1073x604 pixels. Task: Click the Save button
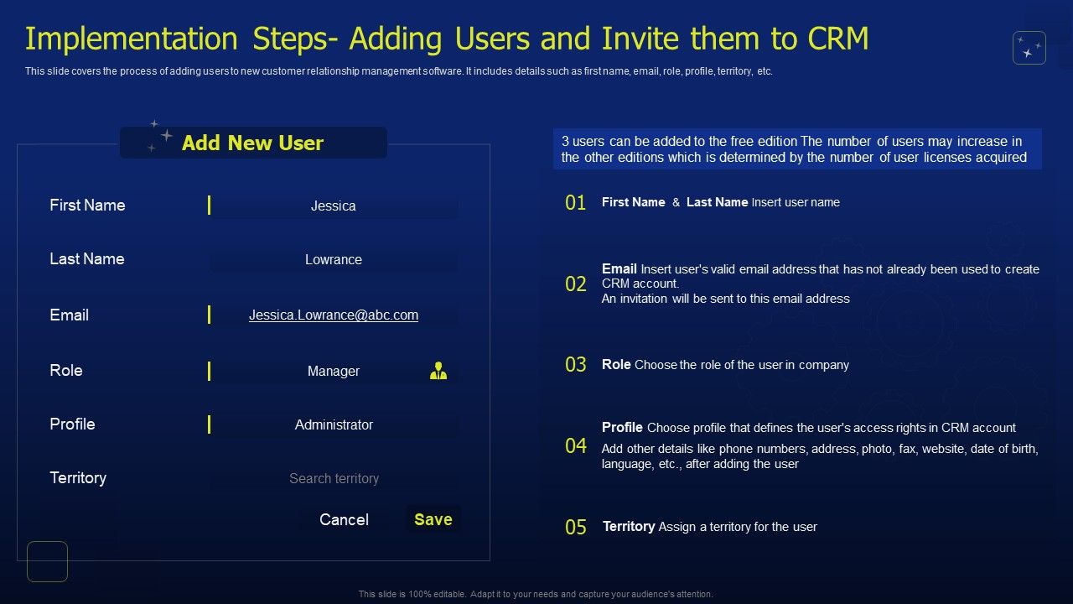pyautogui.click(x=433, y=519)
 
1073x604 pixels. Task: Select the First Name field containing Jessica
pyautogui.click(x=334, y=206)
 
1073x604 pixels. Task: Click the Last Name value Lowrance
pyautogui.click(x=334, y=259)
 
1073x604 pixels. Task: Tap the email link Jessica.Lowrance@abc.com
pyautogui.click(x=334, y=315)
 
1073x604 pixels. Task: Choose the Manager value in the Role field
pyautogui.click(x=334, y=371)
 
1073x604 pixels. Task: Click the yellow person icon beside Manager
pyautogui.click(x=438, y=371)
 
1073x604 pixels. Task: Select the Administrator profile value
pyautogui.click(x=334, y=424)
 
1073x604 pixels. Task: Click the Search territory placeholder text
pyautogui.click(x=334, y=478)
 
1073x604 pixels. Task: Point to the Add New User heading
pyautogui.click(x=252, y=143)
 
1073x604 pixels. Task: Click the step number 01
pyautogui.click(x=576, y=203)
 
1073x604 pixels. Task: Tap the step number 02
pyautogui.click(x=576, y=284)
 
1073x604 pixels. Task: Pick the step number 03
pyautogui.click(x=576, y=365)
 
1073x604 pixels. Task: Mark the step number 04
pyautogui.click(x=576, y=446)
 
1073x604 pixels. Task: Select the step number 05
pyautogui.click(x=576, y=528)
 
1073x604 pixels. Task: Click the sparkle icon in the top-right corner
pyautogui.click(x=1029, y=48)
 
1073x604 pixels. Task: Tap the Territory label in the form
pyautogui.click(x=78, y=478)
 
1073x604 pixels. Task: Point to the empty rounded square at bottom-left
pyautogui.click(x=47, y=561)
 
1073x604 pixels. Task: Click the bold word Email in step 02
pyautogui.click(x=619, y=269)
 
